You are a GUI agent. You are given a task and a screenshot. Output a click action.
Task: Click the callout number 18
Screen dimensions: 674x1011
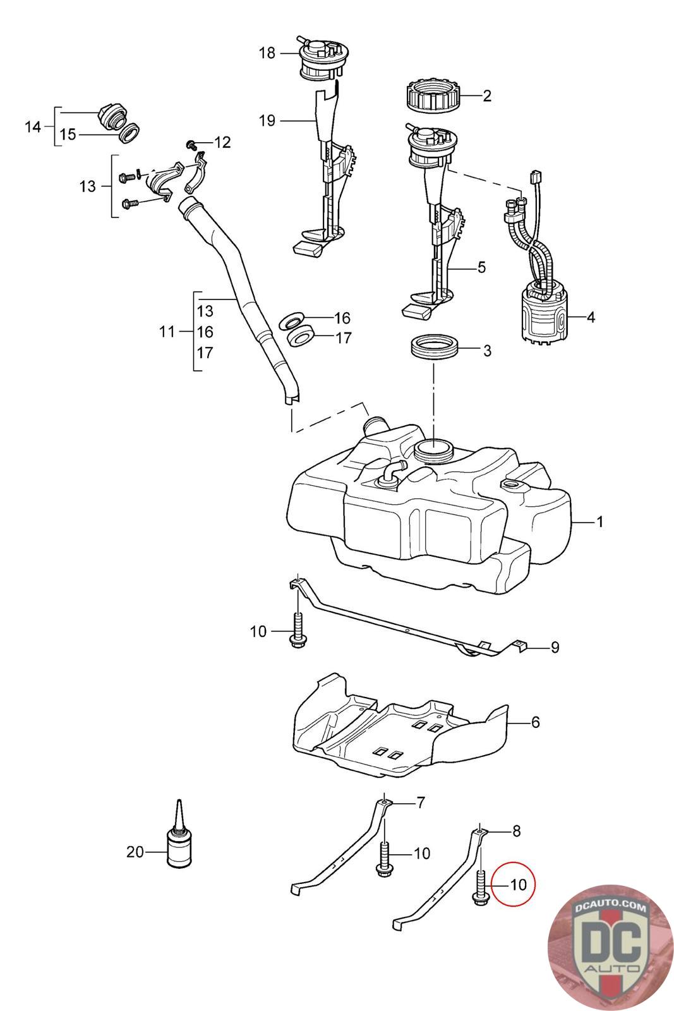tap(267, 53)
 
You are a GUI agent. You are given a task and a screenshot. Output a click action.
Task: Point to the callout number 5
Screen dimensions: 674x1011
tap(481, 267)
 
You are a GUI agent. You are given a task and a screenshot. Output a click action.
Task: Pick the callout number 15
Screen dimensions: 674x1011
tap(68, 135)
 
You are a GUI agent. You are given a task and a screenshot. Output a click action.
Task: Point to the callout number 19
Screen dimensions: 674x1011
tap(267, 121)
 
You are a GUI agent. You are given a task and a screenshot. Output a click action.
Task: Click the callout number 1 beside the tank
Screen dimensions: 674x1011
tap(599, 522)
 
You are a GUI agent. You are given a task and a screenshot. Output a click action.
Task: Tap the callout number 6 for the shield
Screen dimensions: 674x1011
tap(535, 722)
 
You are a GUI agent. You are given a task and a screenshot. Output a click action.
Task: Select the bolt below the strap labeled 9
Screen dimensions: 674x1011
tap(297, 631)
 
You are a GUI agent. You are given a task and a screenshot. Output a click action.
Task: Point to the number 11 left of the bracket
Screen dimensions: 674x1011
tap(167, 332)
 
